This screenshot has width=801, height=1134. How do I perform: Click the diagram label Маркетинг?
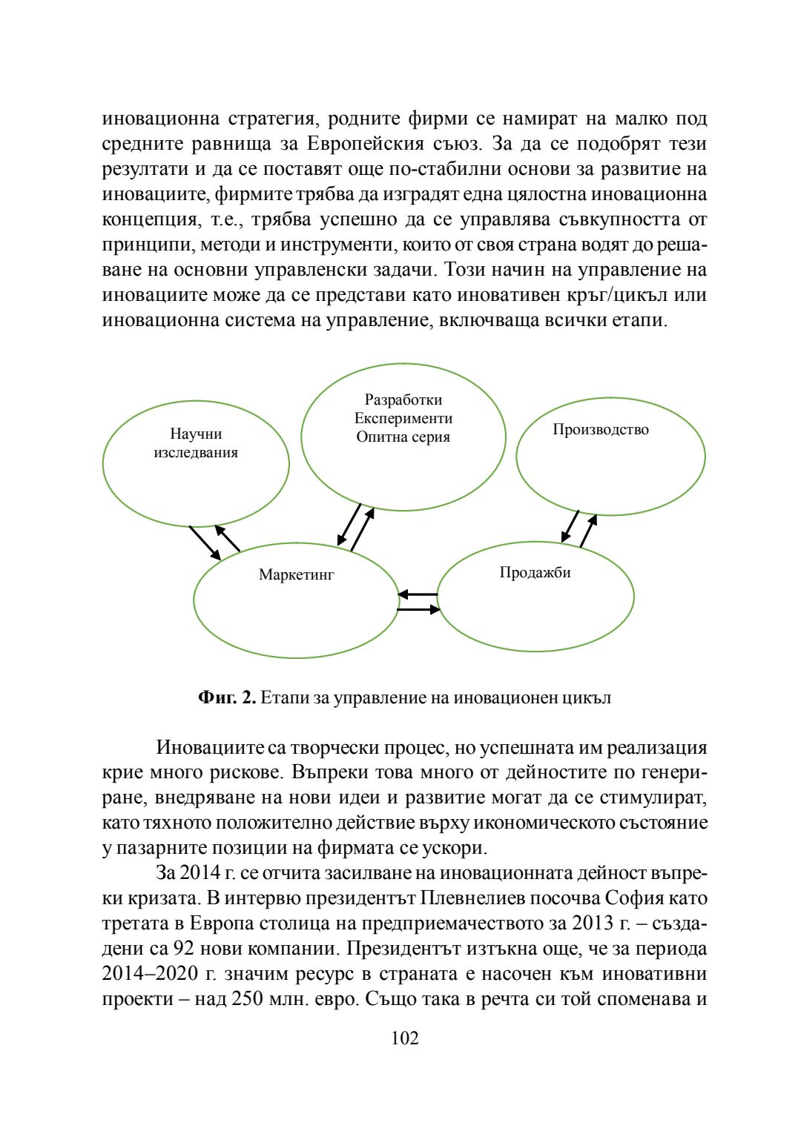pos(297,574)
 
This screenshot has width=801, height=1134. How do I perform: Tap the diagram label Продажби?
pos(535,572)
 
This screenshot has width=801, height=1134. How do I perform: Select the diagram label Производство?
pos(600,430)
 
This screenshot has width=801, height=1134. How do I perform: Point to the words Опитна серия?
pos(403,437)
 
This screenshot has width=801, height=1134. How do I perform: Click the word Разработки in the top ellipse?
pos(403,400)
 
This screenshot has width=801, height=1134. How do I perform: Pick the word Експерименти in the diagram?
pos(403,419)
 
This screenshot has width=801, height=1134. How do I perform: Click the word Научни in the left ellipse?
pos(196,434)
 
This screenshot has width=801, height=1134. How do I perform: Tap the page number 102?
pos(405,1038)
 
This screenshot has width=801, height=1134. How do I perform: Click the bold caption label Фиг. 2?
pos(227,697)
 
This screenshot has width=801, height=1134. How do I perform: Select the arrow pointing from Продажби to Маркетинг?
pos(418,594)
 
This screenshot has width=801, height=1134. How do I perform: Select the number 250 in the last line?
pos(247,999)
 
